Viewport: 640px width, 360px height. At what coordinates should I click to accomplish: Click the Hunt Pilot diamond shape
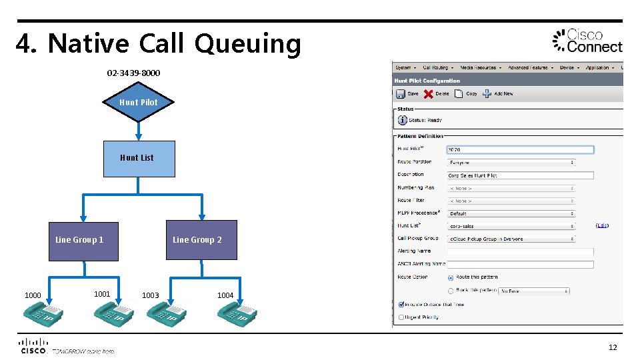(x=139, y=102)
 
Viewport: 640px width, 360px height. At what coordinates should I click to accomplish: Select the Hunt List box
(x=139, y=158)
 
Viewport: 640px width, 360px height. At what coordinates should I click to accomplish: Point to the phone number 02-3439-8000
(x=133, y=73)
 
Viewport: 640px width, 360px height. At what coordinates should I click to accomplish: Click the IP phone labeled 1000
(x=43, y=313)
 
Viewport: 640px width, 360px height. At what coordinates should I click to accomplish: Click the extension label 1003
(x=150, y=295)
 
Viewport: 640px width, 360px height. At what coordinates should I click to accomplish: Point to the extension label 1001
(x=102, y=293)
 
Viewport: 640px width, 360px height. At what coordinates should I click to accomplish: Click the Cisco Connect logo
(x=587, y=41)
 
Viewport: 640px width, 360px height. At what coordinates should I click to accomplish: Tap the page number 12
(x=612, y=347)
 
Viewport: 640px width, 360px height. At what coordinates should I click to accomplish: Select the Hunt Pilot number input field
(x=519, y=150)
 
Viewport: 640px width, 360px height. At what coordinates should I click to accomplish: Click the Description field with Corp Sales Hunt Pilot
(x=519, y=175)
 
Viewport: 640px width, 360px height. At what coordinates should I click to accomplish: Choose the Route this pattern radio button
(x=451, y=277)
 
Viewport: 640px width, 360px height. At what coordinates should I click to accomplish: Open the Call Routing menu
(x=438, y=67)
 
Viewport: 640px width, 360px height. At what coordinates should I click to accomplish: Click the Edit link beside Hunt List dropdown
(x=602, y=226)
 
